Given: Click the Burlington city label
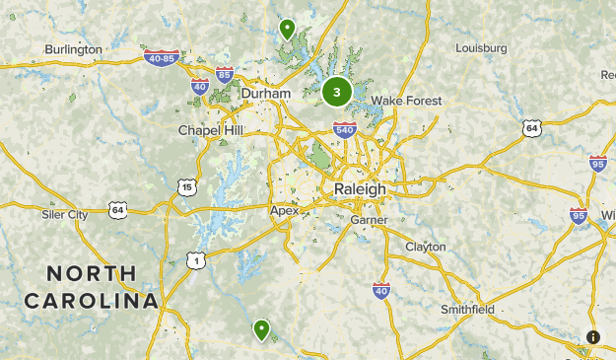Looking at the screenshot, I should coord(73,49).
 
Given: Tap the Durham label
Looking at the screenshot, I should coord(266,94).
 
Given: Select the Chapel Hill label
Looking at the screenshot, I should coord(210,130).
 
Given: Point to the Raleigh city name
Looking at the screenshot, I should coord(360,188).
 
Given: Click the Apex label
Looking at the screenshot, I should coord(284,210).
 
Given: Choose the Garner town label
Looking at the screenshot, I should coord(369,220).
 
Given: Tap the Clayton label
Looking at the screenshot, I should coord(426,247).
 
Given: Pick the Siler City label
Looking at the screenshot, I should coord(65,214).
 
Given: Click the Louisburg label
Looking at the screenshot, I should coord(481,48).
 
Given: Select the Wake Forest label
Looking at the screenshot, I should coord(406,101).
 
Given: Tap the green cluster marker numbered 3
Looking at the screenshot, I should coord(337,93).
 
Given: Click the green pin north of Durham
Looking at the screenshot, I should coord(287,28).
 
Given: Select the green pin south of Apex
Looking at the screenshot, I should coord(261,328).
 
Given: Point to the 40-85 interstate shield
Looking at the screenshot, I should coord(161,59).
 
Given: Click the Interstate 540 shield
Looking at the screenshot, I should coord(344,129).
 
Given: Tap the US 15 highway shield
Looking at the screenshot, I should coord(187,187).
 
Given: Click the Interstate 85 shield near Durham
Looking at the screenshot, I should coord(225,75).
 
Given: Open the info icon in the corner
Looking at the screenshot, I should coord(593,337).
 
